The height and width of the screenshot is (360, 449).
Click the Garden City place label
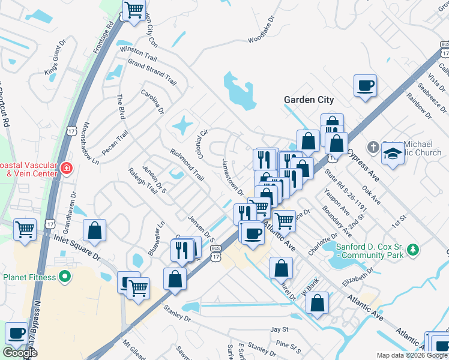point(309,100)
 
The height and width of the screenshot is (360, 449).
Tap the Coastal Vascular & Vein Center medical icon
point(65,169)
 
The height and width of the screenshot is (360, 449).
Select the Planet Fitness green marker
point(65,277)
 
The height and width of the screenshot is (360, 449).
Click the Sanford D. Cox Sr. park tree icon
point(412,248)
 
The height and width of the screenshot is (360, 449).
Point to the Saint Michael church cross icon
point(372,147)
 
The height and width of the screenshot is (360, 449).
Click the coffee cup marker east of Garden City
point(365,85)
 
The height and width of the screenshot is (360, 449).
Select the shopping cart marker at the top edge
point(134,10)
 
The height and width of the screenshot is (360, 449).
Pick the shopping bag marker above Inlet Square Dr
point(94,230)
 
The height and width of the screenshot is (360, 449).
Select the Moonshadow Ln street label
point(89,144)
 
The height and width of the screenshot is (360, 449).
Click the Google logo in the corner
point(20,353)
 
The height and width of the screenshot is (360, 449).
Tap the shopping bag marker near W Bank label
point(318,302)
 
